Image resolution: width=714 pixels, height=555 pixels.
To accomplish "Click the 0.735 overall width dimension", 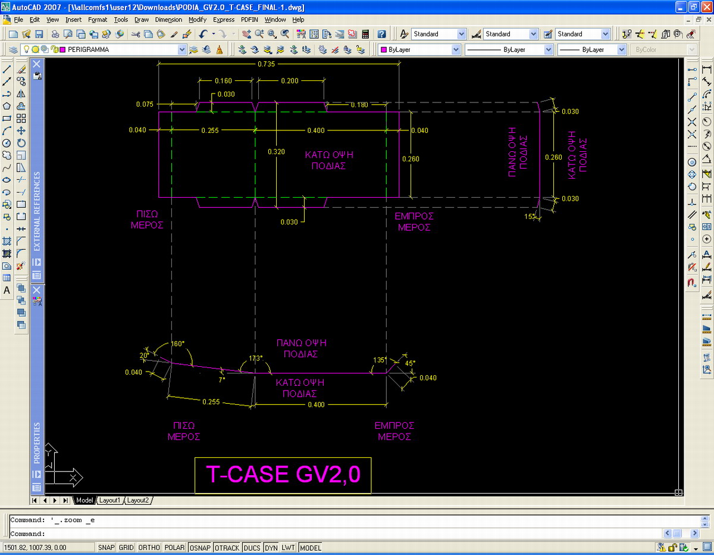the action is tap(266, 64).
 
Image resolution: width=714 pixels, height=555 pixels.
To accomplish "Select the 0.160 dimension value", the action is tap(223, 80).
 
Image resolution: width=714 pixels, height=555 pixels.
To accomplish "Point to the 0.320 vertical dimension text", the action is tap(276, 152).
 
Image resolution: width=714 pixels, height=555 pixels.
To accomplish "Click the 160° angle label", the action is tap(178, 344).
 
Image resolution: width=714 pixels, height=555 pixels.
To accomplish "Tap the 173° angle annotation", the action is tap(256, 358).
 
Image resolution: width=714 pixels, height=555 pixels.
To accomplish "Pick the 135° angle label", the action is tap(380, 360).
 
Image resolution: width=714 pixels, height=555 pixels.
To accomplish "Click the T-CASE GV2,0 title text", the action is tap(283, 474).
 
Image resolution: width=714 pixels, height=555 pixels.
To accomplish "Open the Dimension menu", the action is tap(168, 20).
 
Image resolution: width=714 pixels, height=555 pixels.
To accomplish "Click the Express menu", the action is tap(224, 20).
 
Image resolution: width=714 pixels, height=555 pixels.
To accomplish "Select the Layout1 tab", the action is tap(109, 500).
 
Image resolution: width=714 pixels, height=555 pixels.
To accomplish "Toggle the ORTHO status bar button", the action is tap(149, 547).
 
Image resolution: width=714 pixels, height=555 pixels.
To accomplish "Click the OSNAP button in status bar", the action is tap(200, 547).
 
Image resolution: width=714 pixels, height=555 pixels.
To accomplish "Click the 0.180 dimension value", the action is tap(359, 105).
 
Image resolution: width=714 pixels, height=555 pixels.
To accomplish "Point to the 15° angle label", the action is tap(530, 216).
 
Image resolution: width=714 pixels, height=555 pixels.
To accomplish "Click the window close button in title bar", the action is tap(706, 7).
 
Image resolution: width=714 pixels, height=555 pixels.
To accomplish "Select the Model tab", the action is tap(84, 500).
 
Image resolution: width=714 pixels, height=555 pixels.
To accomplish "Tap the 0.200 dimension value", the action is tap(290, 80).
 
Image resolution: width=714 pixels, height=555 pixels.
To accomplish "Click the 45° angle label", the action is tap(410, 363).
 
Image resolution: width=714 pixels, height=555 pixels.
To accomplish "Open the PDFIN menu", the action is tap(249, 20).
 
